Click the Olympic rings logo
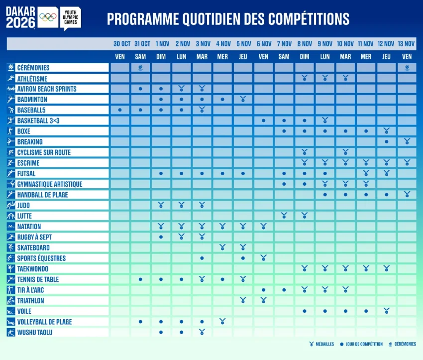[x=48, y=17]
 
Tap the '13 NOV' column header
[x=406, y=44]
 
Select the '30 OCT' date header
[x=121, y=44]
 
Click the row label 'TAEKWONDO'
[x=33, y=269]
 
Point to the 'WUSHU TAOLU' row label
[x=35, y=333]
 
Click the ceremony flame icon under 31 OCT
[x=140, y=67]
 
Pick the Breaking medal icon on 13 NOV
[x=407, y=141]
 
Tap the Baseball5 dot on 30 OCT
[x=120, y=110]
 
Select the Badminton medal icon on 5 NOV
[x=243, y=99]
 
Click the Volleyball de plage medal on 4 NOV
[x=222, y=321]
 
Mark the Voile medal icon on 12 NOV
[x=386, y=311]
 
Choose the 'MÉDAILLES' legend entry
[x=321, y=344]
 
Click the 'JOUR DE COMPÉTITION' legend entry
[x=361, y=344]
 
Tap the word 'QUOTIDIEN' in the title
[x=211, y=19]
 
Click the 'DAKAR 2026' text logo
[x=20, y=17]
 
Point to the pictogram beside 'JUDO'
[x=11, y=205]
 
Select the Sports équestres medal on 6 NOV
[x=263, y=258]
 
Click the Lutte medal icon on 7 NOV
[x=284, y=215]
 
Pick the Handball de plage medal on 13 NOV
[x=407, y=194]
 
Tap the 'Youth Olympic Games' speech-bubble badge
[x=71, y=18]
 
